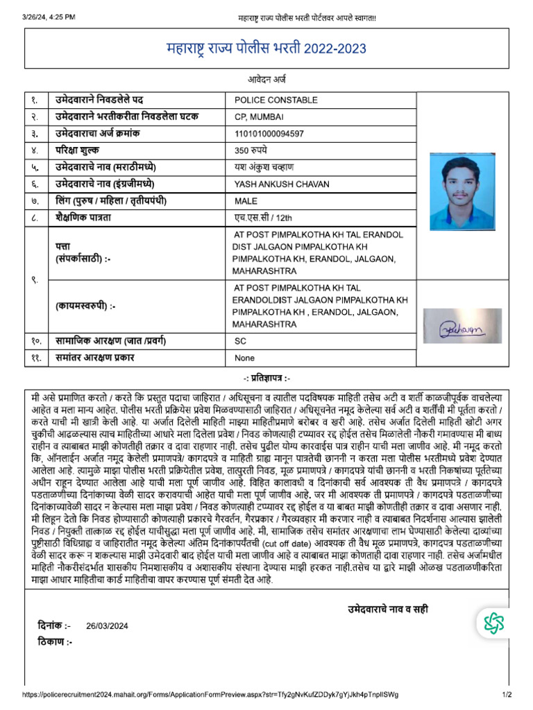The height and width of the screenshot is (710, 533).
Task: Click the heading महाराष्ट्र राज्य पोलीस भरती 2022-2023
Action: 266,49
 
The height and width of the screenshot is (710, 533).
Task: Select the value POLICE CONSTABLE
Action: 276,101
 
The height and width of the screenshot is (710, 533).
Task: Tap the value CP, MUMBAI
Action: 259,116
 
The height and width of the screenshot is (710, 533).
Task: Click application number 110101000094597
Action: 270,133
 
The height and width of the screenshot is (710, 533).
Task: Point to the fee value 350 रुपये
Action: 251,150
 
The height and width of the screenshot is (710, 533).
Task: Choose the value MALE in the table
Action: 246,201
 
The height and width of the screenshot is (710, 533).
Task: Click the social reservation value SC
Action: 240,342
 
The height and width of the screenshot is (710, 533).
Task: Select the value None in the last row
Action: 245,358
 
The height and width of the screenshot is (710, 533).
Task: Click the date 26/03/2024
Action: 108,625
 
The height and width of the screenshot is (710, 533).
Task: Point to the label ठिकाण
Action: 55,641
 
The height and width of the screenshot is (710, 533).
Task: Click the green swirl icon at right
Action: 494,623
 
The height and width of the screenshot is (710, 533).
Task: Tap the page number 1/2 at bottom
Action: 507,695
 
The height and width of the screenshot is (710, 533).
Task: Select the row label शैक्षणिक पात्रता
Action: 87,218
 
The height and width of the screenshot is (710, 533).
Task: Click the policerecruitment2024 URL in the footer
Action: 211,695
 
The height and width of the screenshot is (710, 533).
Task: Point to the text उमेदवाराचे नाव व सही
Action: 388,609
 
